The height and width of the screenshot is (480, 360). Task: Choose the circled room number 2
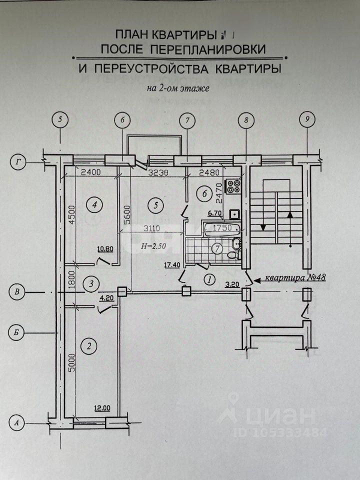tap(89, 345)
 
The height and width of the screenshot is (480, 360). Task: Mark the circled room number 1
tap(209, 278)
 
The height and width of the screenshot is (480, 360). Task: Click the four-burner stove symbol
tap(233, 186)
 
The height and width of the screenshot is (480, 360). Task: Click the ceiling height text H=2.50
tap(153, 246)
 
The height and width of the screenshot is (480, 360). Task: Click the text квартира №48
tap(295, 277)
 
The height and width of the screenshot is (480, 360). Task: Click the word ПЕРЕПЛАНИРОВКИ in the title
tap(207, 49)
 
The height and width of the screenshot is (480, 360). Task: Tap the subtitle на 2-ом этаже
tap(177, 88)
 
